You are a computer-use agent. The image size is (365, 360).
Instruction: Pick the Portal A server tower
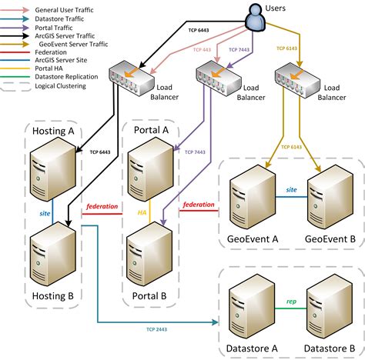point(147,171)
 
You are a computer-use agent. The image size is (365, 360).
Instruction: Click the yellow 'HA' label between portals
point(142,212)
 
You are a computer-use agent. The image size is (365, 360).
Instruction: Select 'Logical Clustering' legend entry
point(62,86)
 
